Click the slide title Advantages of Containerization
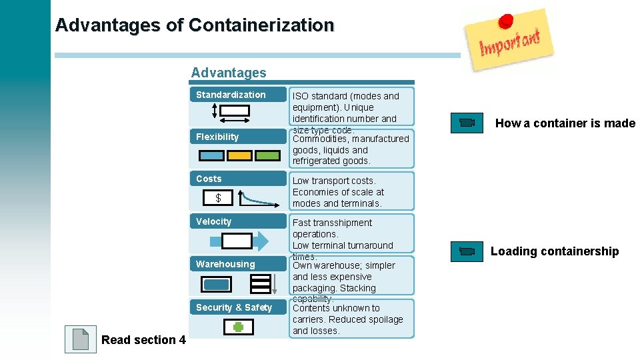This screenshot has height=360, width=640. pos(194,25)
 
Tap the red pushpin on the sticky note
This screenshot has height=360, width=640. pos(506,21)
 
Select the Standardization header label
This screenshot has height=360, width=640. pos(231,95)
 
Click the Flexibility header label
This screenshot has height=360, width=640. pos(217,137)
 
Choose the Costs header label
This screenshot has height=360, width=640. pos(209,179)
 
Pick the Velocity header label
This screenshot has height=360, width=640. pos(214,221)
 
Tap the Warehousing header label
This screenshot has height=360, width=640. pos(225,264)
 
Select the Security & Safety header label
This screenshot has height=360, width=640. pos(234,307)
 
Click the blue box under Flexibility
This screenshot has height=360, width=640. pos(213,155)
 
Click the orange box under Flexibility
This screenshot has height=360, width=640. pos(240,155)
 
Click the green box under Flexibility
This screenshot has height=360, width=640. pos(268,155)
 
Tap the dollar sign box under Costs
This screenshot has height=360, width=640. pos(218,198)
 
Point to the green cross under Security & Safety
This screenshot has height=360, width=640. pos(237,327)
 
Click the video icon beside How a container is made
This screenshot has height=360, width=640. pos(467,123)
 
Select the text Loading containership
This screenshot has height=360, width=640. pos(555,251)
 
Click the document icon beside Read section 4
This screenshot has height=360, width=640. pos(81,339)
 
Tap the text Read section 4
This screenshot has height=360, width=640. pos(143,340)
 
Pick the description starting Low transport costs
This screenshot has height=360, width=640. pos(339,192)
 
